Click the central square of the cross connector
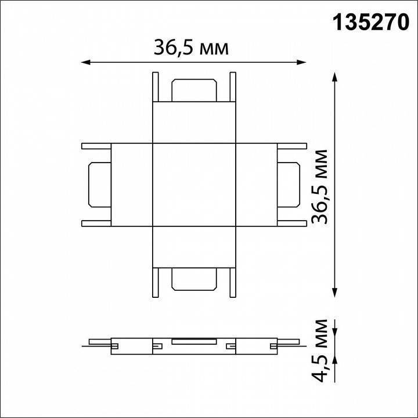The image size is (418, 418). point(193,183)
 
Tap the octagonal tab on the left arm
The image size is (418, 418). point(98,183)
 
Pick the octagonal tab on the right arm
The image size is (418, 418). point(289,183)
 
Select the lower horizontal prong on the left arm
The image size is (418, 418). point(96,222)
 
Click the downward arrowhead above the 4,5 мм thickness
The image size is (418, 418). point(335,334)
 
